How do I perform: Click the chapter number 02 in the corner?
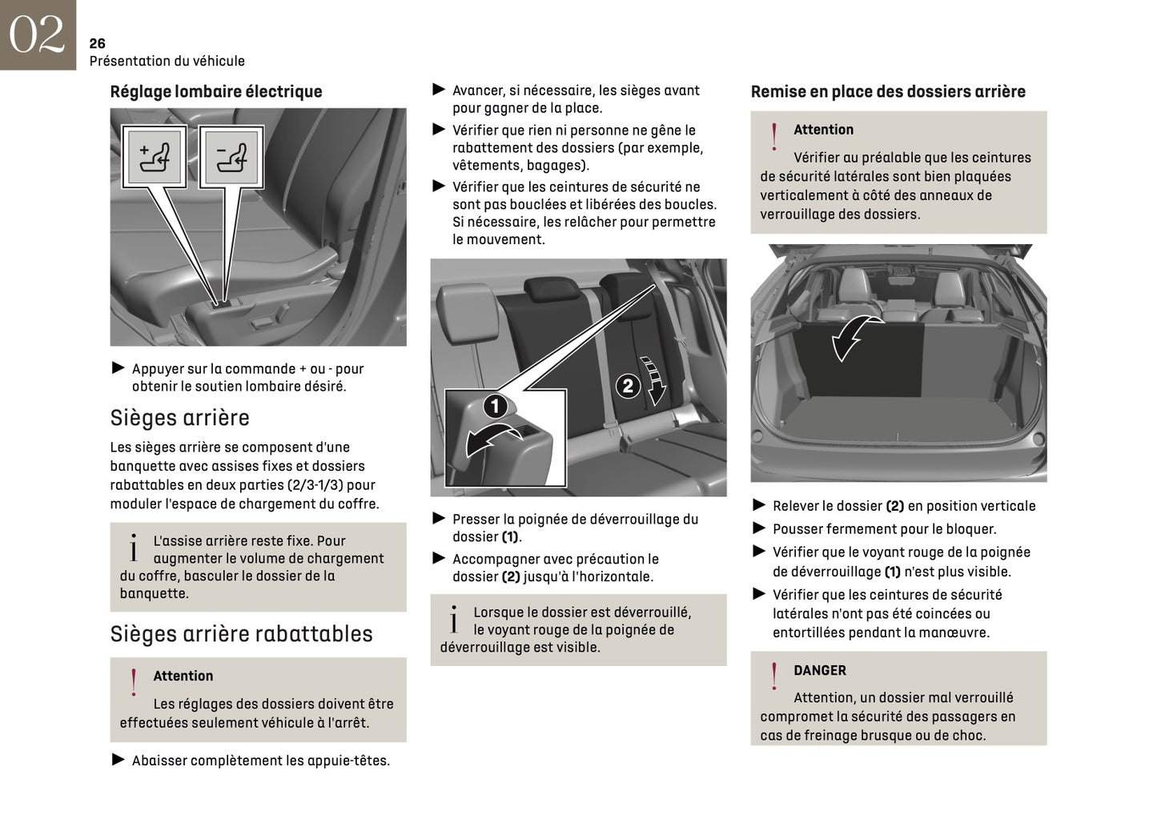(x=37, y=34)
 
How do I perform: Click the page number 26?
(x=97, y=43)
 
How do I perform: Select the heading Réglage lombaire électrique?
(x=215, y=91)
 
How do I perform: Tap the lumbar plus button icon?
(x=154, y=157)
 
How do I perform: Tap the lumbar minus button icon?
(x=231, y=157)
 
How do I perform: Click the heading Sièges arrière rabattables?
(x=241, y=634)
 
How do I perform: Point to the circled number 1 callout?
(x=495, y=406)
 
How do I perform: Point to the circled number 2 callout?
(x=628, y=386)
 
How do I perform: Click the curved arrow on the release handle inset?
(x=492, y=440)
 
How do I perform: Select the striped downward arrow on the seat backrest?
(x=656, y=380)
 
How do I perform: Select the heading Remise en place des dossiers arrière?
(x=887, y=91)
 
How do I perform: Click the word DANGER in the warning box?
(x=819, y=670)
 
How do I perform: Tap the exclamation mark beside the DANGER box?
(x=773, y=676)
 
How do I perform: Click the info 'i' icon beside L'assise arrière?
(x=133, y=548)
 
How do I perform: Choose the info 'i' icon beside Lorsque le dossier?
(x=453, y=620)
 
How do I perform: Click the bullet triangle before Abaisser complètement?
(x=119, y=760)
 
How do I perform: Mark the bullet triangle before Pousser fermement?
(x=759, y=528)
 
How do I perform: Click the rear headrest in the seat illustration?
(x=549, y=289)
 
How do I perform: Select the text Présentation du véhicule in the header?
(x=167, y=61)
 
